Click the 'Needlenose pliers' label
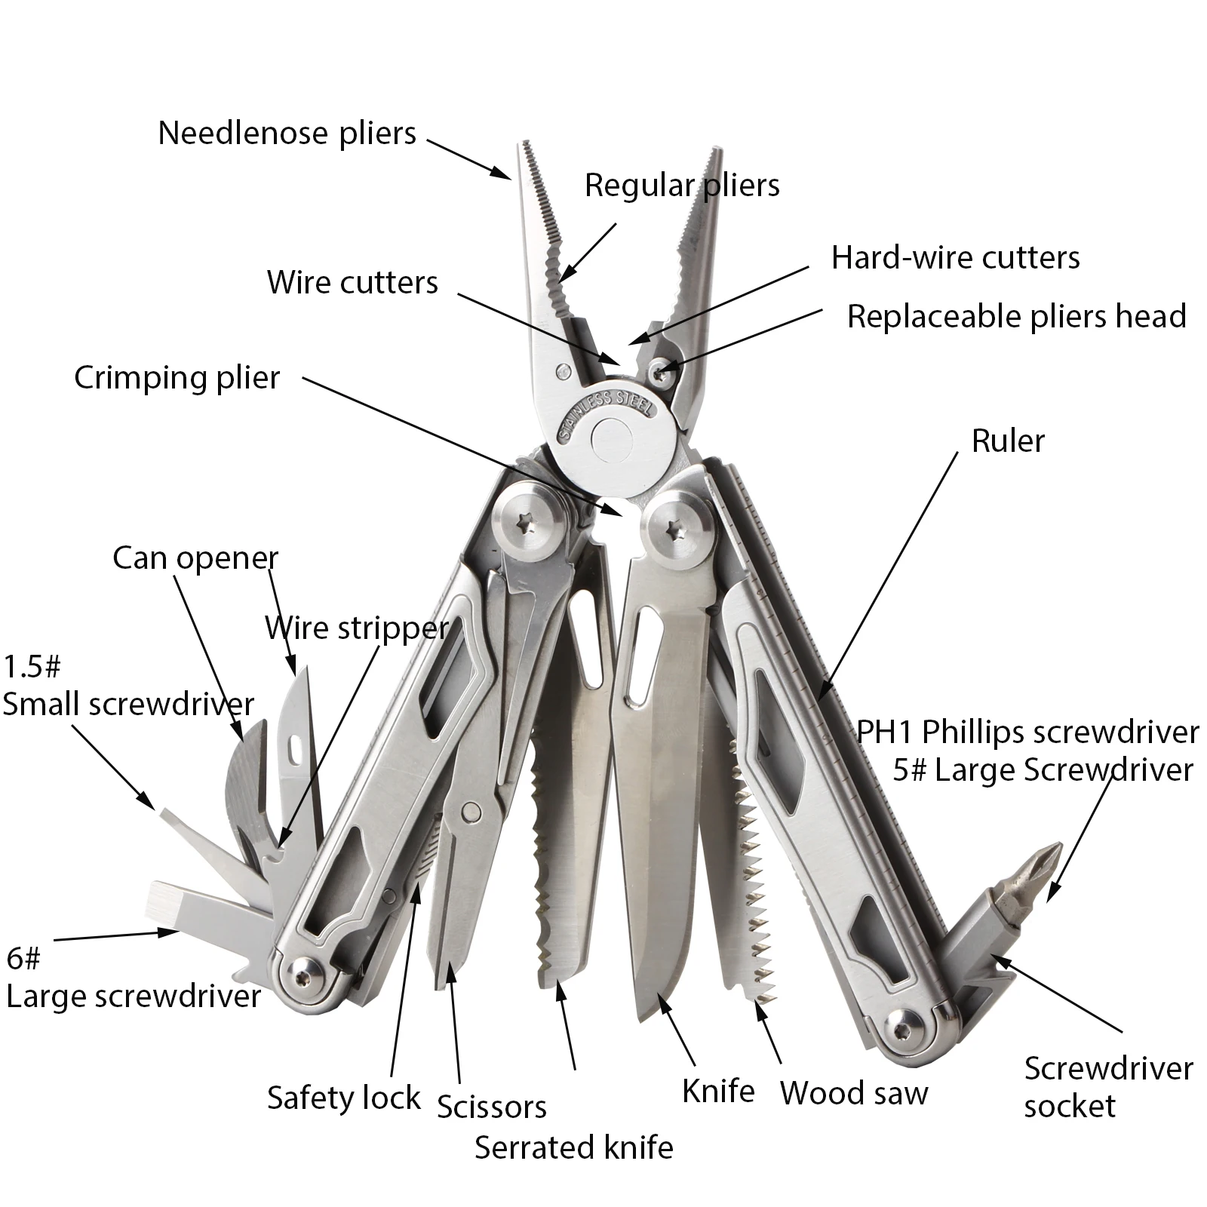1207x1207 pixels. pos(287,134)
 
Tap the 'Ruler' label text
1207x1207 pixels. pos(1008,441)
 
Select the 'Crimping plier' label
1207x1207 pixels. pos(177,377)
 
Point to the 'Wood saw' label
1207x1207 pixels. pos(854,1092)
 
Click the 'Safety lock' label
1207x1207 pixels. pos(343,1098)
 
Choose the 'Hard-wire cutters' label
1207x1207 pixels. pos(955,258)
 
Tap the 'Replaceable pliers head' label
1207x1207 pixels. pos(1016,316)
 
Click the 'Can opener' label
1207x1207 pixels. pos(195,558)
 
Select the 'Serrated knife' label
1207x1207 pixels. pos(573,1147)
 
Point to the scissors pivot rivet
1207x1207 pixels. pos(471,811)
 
